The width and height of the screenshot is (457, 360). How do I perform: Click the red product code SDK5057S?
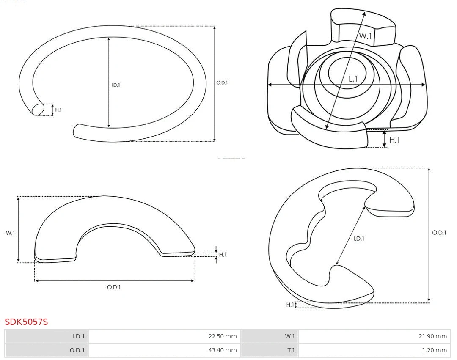26,322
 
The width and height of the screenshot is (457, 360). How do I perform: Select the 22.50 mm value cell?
164,336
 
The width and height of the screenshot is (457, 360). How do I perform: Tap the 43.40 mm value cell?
164,350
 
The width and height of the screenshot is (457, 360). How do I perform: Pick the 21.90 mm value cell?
375,336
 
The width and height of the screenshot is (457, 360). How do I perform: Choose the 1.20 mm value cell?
375,350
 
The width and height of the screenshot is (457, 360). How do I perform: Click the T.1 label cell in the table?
270,350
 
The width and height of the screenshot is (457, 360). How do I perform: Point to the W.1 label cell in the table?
270,336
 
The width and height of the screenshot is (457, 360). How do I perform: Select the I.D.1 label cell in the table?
47,336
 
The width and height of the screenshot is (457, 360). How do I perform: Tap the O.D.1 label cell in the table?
47,350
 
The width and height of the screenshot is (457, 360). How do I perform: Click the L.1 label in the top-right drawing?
353,79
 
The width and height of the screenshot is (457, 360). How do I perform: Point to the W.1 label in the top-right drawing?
366,36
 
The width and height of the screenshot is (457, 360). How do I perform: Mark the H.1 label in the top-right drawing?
394,140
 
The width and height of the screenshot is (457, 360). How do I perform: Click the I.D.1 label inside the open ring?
116,85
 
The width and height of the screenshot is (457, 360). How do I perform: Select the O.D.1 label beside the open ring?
222,83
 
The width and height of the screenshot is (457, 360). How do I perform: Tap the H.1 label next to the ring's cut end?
58,110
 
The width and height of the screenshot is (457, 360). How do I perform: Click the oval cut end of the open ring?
38,110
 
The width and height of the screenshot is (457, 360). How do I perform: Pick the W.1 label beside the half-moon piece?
10,233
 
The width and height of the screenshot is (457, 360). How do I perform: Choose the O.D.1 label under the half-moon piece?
114,287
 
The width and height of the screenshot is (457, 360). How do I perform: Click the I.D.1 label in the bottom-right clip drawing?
359,239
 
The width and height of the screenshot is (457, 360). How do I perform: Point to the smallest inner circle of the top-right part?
347,72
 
